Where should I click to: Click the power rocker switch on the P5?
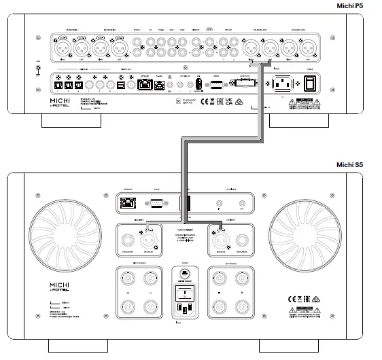[310, 84]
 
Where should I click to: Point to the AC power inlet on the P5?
[283, 84]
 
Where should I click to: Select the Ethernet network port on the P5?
[145, 84]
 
